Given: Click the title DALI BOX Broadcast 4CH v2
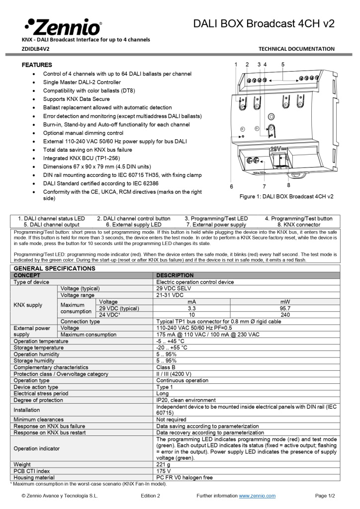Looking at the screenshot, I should pyautogui.click(x=264, y=23).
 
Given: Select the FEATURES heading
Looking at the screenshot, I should pyautogui.click(x=37, y=65).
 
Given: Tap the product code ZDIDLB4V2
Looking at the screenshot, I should pyautogui.click(x=36, y=49).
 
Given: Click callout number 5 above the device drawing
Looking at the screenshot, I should pyautogui.click(x=283, y=65).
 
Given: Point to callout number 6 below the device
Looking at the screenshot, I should pyautogui.click(x=232, y=186).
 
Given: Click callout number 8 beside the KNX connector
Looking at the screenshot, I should pyautogui.click(x=288, y=185).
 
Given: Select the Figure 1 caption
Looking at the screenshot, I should pyautogui.click(x=286, y=196).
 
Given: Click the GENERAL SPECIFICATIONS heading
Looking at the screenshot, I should pyautogui.click(x=54, y=268).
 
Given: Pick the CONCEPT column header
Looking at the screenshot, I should pyautogui.click(x=27, y=275).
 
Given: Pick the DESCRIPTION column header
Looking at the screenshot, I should pyautogui.click(x=175, y=275).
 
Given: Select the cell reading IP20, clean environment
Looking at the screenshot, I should pyautogui.click(x=186, y=400).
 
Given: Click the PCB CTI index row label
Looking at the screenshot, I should pyautogui.click(x=32, y=471).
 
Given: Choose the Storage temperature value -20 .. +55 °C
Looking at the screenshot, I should pyautogui.click(x=172, y=347).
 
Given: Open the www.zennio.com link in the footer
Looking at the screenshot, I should pyautogui.click(x=257, y=496).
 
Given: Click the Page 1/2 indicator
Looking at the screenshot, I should pyautogui.click(x=325, y=496).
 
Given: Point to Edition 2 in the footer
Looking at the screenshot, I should pyautogui.click(x=150, y=496).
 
